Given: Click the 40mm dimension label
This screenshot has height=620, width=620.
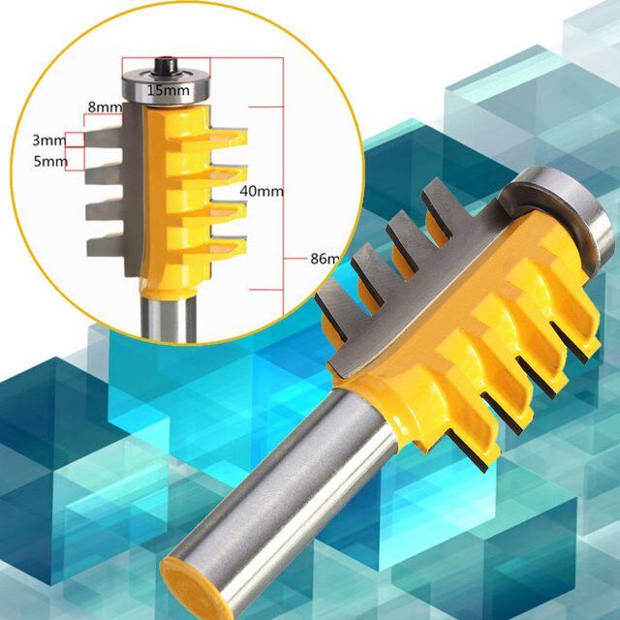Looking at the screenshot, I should click(x=261, y=191).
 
